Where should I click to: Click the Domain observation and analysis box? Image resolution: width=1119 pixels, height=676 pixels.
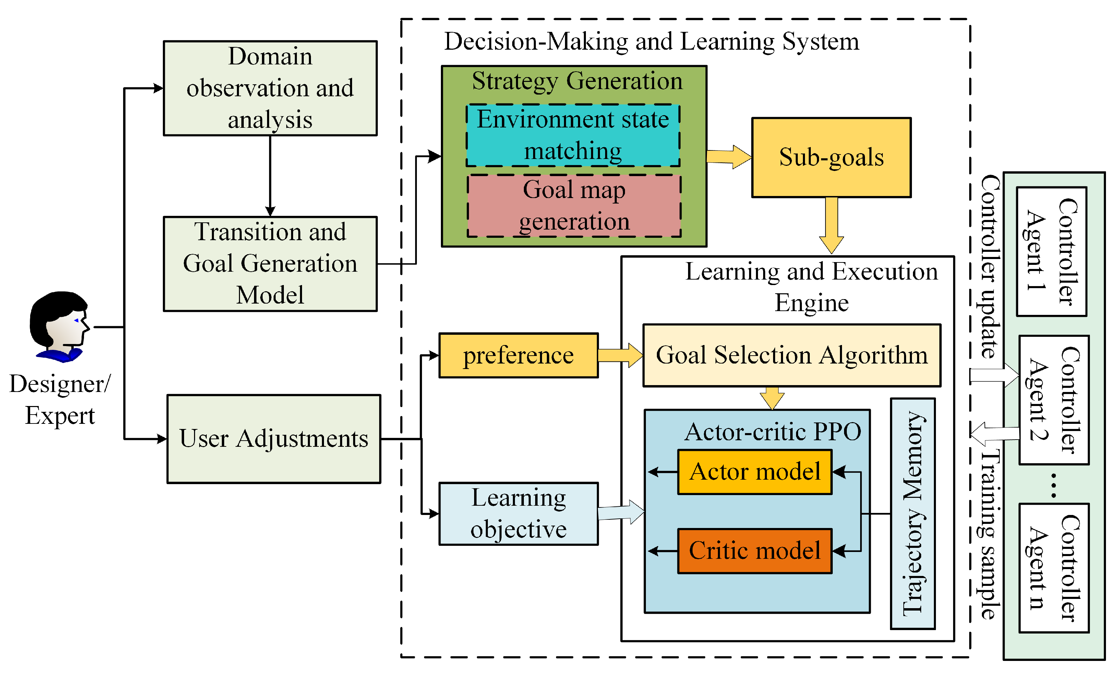[270, 88]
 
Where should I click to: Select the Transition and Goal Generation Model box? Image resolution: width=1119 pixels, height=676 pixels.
[270, 264]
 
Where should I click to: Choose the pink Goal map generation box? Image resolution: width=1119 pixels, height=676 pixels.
[574, 206]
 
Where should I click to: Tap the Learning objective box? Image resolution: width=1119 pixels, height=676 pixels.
[518, 514]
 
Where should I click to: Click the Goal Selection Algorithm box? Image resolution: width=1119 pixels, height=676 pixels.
[792, 355]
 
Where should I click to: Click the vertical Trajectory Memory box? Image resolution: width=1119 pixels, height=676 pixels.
[912, 514]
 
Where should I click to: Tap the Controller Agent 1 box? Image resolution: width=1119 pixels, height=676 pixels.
[1051, 251]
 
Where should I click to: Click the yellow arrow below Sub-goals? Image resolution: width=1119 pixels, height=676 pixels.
[831, 225]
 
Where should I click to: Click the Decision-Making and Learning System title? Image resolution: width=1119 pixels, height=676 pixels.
[651, 41]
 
